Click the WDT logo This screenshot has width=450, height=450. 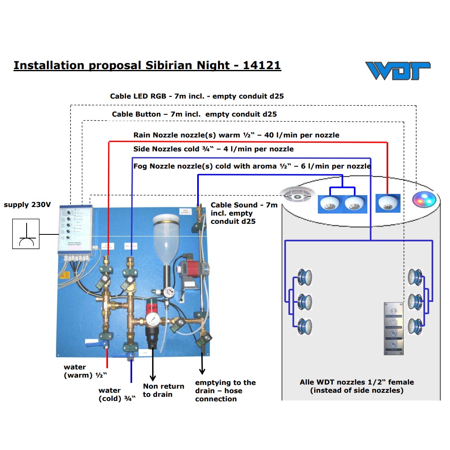tap(398, 70)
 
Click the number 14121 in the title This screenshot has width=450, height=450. tap(262, 65)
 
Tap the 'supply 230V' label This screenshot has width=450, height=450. tap(27, 205)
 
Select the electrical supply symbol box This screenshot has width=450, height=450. tap(26, 234)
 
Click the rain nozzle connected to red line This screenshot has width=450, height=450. tap(388, 203)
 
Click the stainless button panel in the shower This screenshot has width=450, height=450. tap(393, 328)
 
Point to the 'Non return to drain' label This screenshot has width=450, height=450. tap(163, 390)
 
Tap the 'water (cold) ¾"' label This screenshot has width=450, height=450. tap(117, 394)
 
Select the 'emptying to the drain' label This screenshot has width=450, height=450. tap(225, 391)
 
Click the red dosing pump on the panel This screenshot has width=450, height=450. tap(190, 270)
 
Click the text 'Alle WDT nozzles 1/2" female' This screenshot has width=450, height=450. tap(357, 382)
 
